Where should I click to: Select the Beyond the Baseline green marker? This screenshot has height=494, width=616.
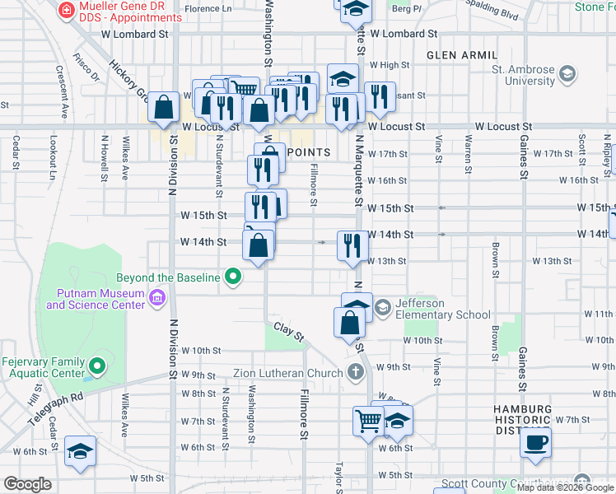234,277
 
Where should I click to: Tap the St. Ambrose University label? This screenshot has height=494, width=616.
523,76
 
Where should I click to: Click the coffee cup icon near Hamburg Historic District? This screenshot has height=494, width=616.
535,442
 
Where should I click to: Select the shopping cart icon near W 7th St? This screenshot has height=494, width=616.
368,421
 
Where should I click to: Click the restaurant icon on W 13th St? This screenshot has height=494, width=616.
352,245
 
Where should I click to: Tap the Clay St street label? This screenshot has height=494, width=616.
289,332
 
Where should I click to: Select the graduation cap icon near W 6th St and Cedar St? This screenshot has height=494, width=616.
81,451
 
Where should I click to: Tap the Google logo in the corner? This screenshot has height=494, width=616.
28,483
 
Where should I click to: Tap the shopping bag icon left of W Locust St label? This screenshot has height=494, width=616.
163,107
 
